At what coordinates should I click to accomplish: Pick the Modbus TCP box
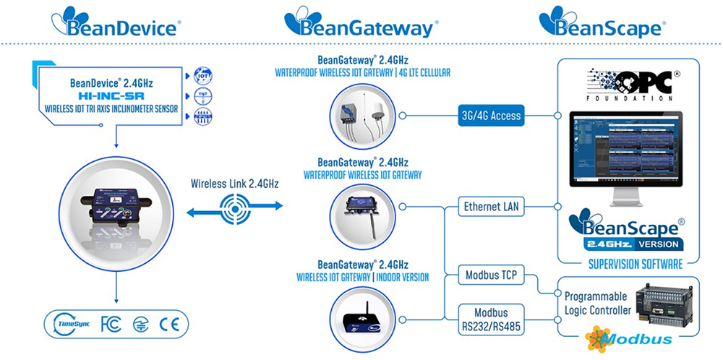[x=491, y=277]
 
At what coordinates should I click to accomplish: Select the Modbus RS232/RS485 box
[x=491, y=318]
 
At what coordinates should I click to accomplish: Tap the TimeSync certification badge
[x=71, y=325]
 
